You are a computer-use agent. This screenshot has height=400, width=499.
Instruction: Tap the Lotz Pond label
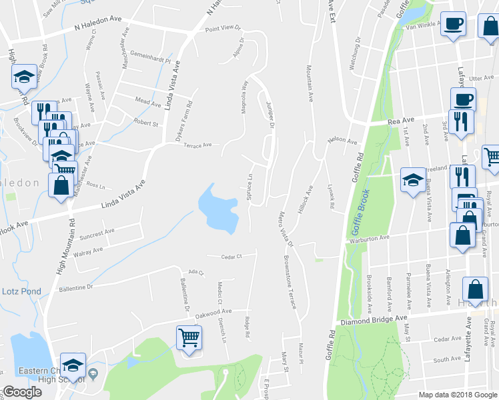[21, 291]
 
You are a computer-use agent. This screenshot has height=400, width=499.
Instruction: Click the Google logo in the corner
[21, 392]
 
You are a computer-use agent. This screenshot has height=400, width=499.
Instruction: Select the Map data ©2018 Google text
[457, 395]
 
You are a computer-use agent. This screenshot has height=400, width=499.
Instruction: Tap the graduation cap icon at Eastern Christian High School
[73, 365]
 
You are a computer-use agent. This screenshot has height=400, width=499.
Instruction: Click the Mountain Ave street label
[310, 83]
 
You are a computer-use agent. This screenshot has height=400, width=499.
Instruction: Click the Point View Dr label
[222, 29]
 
